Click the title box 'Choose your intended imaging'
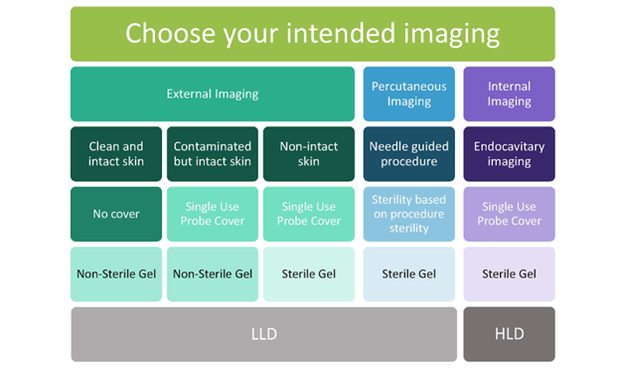pyautogui.click(x=312, y=34)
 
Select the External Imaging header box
pyautogui.click(x=213, y=94)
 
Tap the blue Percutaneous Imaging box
pyautogui.click(x=408, y=94)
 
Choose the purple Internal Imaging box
pyautogui.click(x=509, y=94)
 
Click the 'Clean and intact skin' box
pyautogui.click(x=116, y=154)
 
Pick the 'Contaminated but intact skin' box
pyautogui.click(x=213, y=154)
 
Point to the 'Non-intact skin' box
pyautogui.click(x=308, y=154)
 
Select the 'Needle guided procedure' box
pyautogui.click(x=408, y=154)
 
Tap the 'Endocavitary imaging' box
pyautogui.click(x=509, y=154)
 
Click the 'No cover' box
pyautogui.click(x=116, y=214)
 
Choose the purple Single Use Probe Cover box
pyautogui.click(x=509, y=214)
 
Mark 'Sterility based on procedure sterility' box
pyautogui.click(x=408, y=214)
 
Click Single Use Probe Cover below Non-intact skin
pyautogui.click(x=308, y=214)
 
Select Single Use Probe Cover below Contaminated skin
pyautogui.click(x=213, y=214)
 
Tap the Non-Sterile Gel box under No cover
pyautogui.click(x=116, y=274)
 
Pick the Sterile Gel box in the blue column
pyautogui.click(x=408, y=274)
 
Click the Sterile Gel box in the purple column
pyautogui.click(x=509, y=274)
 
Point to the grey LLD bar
pyautogui.click(x=263, y=334)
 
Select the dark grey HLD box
pyautogui.click(x=509, y=334)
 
